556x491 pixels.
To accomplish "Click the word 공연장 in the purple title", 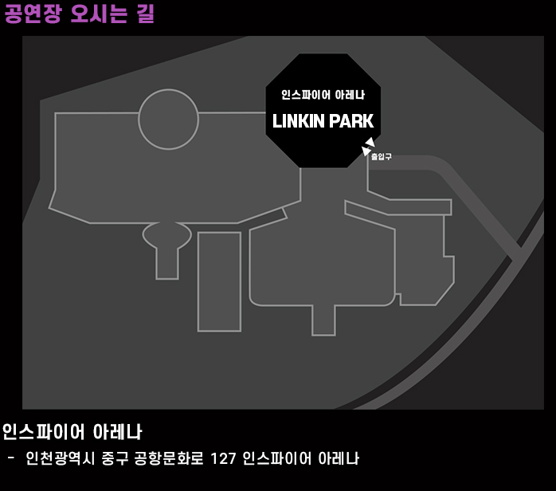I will tap(32, 14).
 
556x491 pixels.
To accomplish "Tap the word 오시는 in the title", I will tap(99, 14).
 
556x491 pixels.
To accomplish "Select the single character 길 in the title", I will tap(145, 14).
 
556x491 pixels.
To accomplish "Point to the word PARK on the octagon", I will tap(350, 122).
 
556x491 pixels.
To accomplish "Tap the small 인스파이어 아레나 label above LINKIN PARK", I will tap(323, 95).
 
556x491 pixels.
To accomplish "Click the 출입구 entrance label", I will tap(382, 157).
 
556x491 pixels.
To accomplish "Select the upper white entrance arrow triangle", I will tap(370, 143).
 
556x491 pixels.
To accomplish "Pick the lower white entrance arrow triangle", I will tap(366, 151).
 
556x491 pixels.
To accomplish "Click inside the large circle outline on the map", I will tap(168, 119).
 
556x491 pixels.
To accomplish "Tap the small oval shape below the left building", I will tap(167, 235).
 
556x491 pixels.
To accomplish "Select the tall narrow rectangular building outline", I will tap(219, 281).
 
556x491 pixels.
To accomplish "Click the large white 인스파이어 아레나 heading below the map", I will tap(72, 432).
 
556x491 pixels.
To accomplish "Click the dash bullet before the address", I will tap(10, 458).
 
